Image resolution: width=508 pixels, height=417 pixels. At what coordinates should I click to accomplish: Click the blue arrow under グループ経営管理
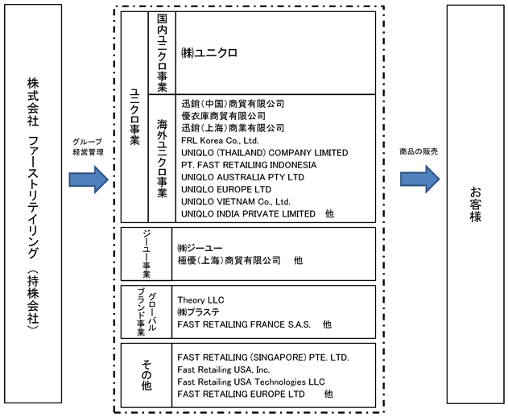[89, 180]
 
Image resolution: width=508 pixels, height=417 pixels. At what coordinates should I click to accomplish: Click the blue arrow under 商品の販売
[420, 180]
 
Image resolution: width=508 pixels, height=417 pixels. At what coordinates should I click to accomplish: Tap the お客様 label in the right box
[475, 204]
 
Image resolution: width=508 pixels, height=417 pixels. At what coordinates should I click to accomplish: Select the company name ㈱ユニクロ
[209, 53]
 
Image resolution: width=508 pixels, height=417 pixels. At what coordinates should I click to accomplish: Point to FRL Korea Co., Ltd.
[220, 141]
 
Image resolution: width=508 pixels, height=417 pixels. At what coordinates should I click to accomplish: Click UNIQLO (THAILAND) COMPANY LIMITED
[265, 153]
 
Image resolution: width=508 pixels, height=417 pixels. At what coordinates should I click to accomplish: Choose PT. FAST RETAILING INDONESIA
[249, 165]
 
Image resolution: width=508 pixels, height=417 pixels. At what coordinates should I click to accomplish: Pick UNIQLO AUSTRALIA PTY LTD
[242, 177]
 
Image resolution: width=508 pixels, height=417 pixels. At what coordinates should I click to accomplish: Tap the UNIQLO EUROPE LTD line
[226, 189]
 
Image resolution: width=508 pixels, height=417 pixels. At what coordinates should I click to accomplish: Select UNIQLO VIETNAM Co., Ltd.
[236, 201]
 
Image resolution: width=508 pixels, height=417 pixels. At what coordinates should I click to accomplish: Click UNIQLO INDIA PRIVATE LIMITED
[248, 214]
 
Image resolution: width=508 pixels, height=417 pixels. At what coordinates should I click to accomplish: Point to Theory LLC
[200, 300]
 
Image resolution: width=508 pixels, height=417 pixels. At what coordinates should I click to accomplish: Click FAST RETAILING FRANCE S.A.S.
[244, 324]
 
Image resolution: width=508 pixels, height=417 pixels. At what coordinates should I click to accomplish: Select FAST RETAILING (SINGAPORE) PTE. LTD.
[263, 357]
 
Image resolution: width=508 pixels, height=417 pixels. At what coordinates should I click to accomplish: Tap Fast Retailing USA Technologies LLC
[251, 382]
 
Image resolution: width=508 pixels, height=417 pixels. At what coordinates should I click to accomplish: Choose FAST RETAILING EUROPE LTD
[241, 394]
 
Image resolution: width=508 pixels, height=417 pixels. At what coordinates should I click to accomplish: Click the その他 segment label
[147, 375]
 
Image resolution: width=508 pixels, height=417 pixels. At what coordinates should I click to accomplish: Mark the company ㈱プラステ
[198, 312]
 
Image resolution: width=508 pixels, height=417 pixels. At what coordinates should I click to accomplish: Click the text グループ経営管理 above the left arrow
[88, 147]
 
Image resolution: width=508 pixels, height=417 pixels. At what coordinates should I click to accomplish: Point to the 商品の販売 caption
[419, 151]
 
